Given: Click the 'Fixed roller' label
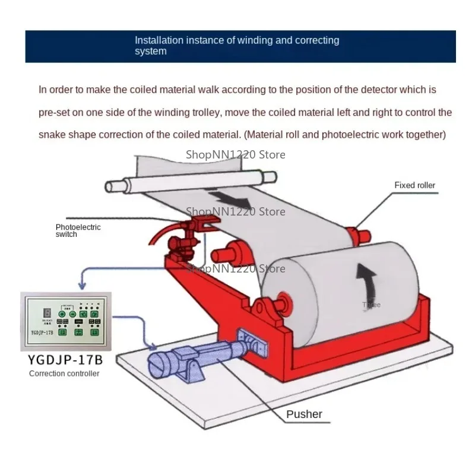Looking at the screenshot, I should pos(414,185).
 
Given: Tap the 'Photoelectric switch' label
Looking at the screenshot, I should pos(78,230).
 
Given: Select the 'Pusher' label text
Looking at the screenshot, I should pos(304,414).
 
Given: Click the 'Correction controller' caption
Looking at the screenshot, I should pos(64,373).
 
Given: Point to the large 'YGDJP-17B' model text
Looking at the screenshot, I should pos(65,360).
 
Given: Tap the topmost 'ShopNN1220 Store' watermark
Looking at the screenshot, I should pos(236,154).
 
